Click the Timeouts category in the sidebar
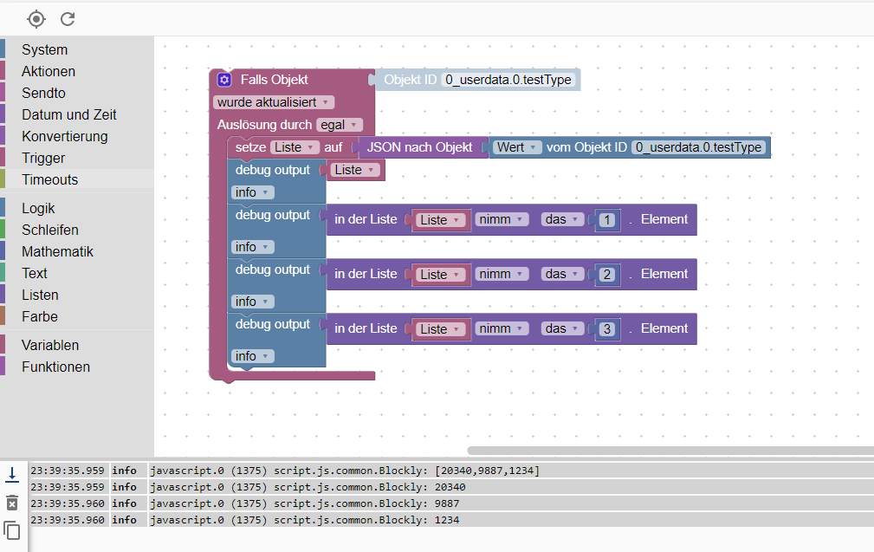point(49,179)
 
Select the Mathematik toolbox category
point(57,251)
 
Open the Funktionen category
point(55,367)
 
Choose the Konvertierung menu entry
point(64,136)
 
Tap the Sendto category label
point(43,93)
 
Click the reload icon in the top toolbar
point(68,18)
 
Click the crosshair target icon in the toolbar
point(36,18)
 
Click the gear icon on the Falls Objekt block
point(224,80)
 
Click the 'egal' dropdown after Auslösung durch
point(339,125)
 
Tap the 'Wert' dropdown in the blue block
point(518,147)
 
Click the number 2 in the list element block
point(607,275)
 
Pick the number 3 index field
point(607,329)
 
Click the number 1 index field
point(607,220)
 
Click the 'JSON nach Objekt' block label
point(419,147)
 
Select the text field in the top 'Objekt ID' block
point(508,80)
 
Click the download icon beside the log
point(12,474)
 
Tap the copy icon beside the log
point(12,529)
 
